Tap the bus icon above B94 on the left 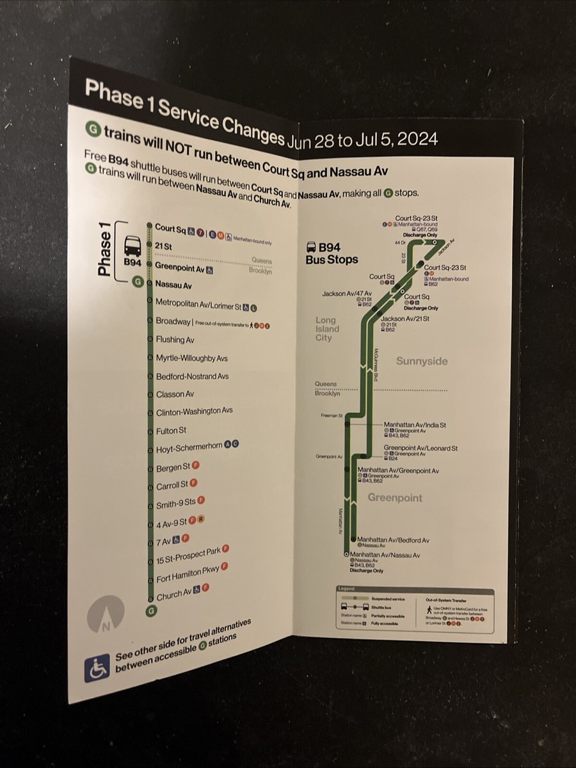point(132,246)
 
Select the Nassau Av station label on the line point(173,285)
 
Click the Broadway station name point(173,321)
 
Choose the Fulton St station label point(171,430)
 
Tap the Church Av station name point(169,595)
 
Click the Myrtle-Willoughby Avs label point(191,358)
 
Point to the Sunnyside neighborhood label point(421,361)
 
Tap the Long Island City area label point(327,329)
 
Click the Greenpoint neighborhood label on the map point(395,497)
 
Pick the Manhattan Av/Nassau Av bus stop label point(385,555)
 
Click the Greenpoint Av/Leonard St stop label point(420,448)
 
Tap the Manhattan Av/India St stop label point(415,424)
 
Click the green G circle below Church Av point(151,611)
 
